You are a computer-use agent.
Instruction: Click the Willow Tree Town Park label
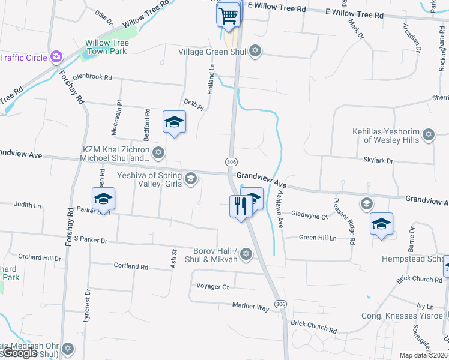tap(106, 47)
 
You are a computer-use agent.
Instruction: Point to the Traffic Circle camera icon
tap(56, 57)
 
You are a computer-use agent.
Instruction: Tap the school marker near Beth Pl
tap(174, 122)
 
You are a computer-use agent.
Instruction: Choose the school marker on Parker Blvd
tap(103, 199)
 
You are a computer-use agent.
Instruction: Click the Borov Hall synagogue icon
tap(245, 255)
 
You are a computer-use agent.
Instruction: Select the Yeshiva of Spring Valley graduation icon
tap(191, 178)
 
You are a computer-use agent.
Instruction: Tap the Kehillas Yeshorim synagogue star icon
tap(429, 134)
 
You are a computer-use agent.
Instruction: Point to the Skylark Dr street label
tap(378, 161)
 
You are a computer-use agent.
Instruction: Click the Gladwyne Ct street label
tap(309, 215)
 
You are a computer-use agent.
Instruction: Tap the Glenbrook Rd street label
tap(92, 77)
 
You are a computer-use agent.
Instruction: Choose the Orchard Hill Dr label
tap(40, 258)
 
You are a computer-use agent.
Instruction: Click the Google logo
tap(20, 353)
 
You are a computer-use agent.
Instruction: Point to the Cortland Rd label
tap(131, 266)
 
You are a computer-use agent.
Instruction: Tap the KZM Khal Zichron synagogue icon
tap(158, 153)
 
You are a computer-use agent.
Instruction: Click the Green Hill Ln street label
tap(318, 238)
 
